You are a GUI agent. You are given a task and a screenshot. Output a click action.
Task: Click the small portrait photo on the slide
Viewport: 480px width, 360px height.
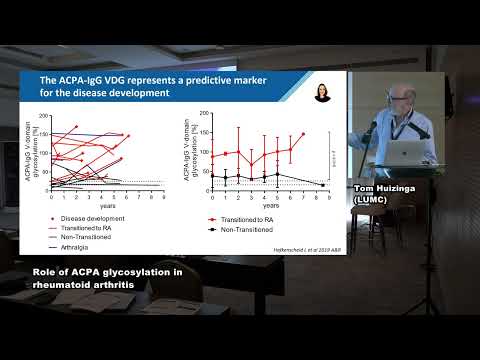pos(323,93)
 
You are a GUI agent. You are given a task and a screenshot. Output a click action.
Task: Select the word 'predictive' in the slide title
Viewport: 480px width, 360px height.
pos(194,80)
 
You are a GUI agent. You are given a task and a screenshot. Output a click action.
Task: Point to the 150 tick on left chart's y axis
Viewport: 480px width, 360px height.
pos(44,134)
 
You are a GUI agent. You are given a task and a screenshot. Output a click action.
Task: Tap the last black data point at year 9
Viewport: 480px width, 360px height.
pos(323,185)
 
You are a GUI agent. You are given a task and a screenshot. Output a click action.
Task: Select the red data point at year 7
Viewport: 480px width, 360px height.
pos(302,134)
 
